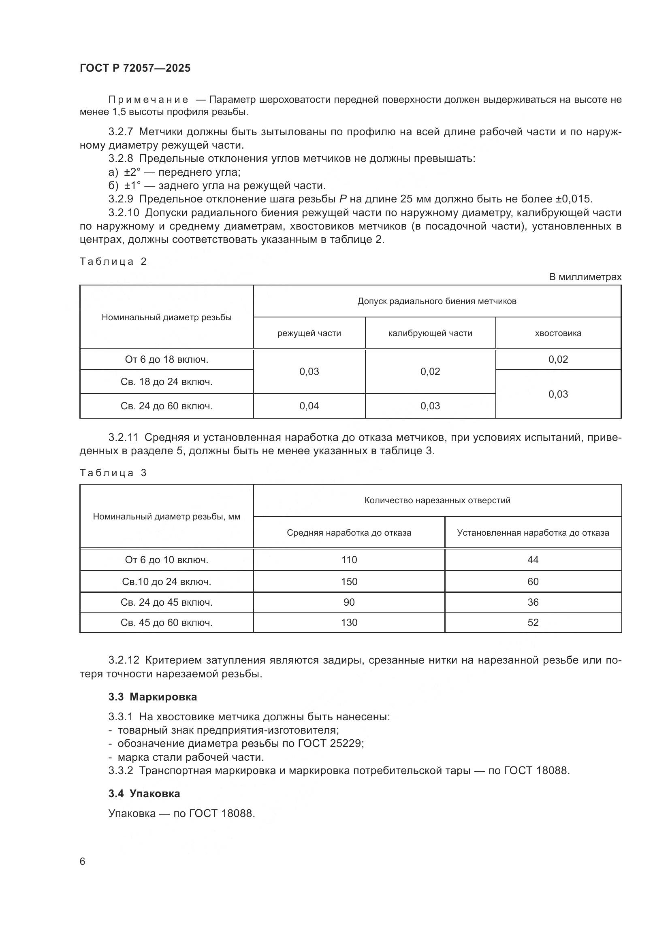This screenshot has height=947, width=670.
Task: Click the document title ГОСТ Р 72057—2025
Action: coord(135,68)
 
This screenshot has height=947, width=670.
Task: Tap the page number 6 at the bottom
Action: coord(83,861)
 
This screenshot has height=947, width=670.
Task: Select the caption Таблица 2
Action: coord(113,262)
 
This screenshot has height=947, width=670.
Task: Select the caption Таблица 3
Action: coord(113,472)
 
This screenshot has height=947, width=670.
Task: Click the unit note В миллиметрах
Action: coord(585,277)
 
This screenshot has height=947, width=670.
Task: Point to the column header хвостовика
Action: coord(558,333)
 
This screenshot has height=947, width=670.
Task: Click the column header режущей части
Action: coord(309,333)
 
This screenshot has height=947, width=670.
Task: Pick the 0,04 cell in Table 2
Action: coord(309,406)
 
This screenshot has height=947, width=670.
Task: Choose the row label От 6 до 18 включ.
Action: coord(166,360)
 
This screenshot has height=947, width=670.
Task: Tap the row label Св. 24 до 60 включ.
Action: coord(166,406)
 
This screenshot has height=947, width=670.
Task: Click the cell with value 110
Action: coord(349,560)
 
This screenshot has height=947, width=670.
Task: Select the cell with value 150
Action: coord(349,581)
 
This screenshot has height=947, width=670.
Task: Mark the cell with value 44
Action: coord(533,560)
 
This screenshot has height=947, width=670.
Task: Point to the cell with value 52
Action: coord(533,622)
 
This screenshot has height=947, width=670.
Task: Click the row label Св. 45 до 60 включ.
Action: coord(166,622)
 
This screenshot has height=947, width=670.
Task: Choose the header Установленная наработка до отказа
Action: coord(533,533)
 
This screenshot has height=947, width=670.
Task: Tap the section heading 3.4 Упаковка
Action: coord(144,794)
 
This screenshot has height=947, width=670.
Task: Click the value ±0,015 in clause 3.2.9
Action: coord(573,199)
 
